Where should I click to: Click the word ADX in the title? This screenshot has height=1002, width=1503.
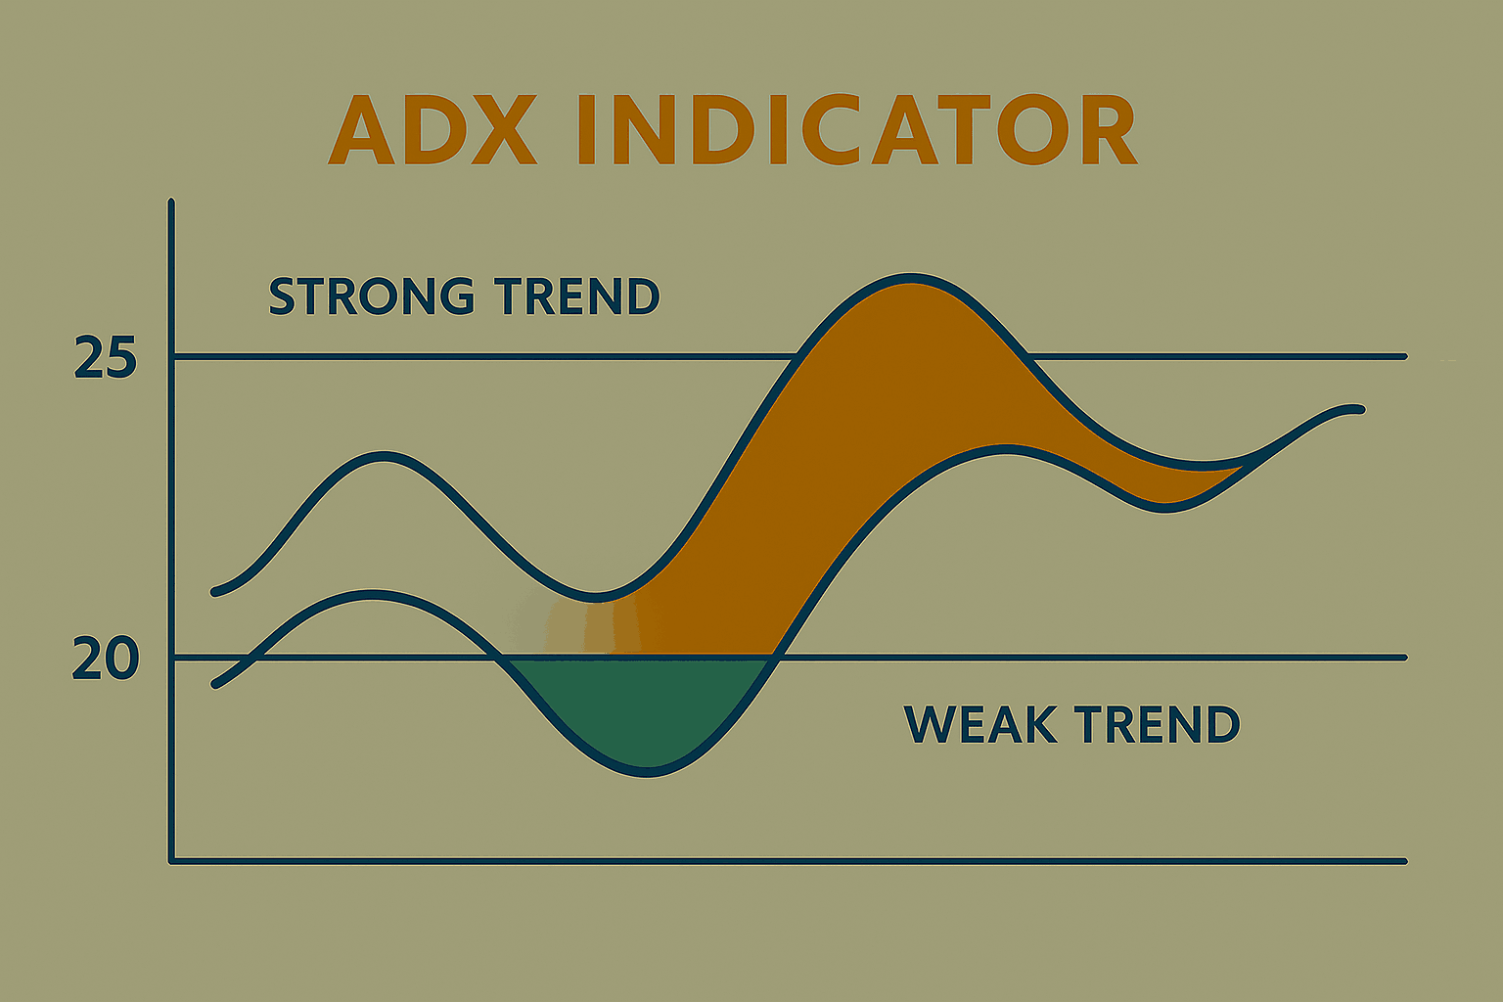pyautogui.click(x=433, y=129)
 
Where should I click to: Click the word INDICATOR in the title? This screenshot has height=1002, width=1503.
pyautogui.click(x=858, y=129)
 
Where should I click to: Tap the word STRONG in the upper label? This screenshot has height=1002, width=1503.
pyautogui.click(x=373, y=296)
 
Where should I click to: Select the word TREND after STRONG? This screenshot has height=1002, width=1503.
pyautogui.click(x=577, y=296)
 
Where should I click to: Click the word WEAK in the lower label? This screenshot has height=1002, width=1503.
pyautogui.click(x=981, y=724)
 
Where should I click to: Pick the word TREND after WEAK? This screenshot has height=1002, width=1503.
pyautogui.click(x=1158, y=724)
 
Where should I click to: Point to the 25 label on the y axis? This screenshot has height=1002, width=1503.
pyautogui.click(x=106, y=358)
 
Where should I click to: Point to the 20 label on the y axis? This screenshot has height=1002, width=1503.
pyautogui.click(x=106, y=660)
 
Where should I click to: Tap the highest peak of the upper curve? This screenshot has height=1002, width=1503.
pyautogui.click(x=911, y=278)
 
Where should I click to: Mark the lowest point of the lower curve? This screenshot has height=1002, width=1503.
pyautogui.click(x=646, y=772)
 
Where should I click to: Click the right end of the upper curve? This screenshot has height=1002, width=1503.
pyautogui.click(x=1361, y=409)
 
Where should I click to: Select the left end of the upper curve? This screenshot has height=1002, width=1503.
pyautogui.click(x=214, y=592)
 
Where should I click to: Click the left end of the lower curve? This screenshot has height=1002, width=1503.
pyautogui.click(x=215, y=685)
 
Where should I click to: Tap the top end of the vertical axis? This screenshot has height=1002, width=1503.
pyautogui.click(x=172, y=201)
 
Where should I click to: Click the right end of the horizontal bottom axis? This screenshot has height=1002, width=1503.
pyautogui.click(x=1404, y=861)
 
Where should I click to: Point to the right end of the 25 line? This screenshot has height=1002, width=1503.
pyautogui.click(x=1404, y=356)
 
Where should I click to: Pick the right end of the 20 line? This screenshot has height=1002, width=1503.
pyautogui.click(x=1404, y=658)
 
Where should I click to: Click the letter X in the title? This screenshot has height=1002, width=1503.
pyautogui.click(x=504, y=129)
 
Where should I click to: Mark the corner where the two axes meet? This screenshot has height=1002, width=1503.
pyautogui.click(x=172, y=861)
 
